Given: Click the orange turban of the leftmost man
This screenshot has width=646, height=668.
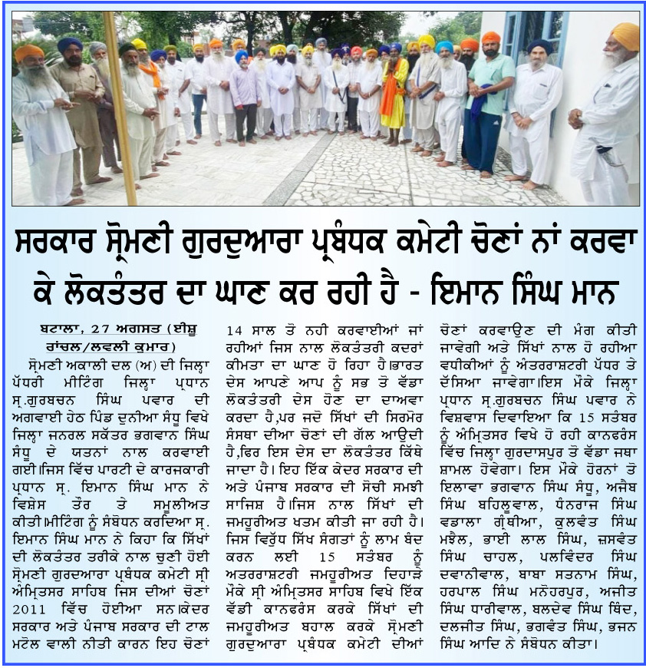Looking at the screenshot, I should [29, 53].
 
